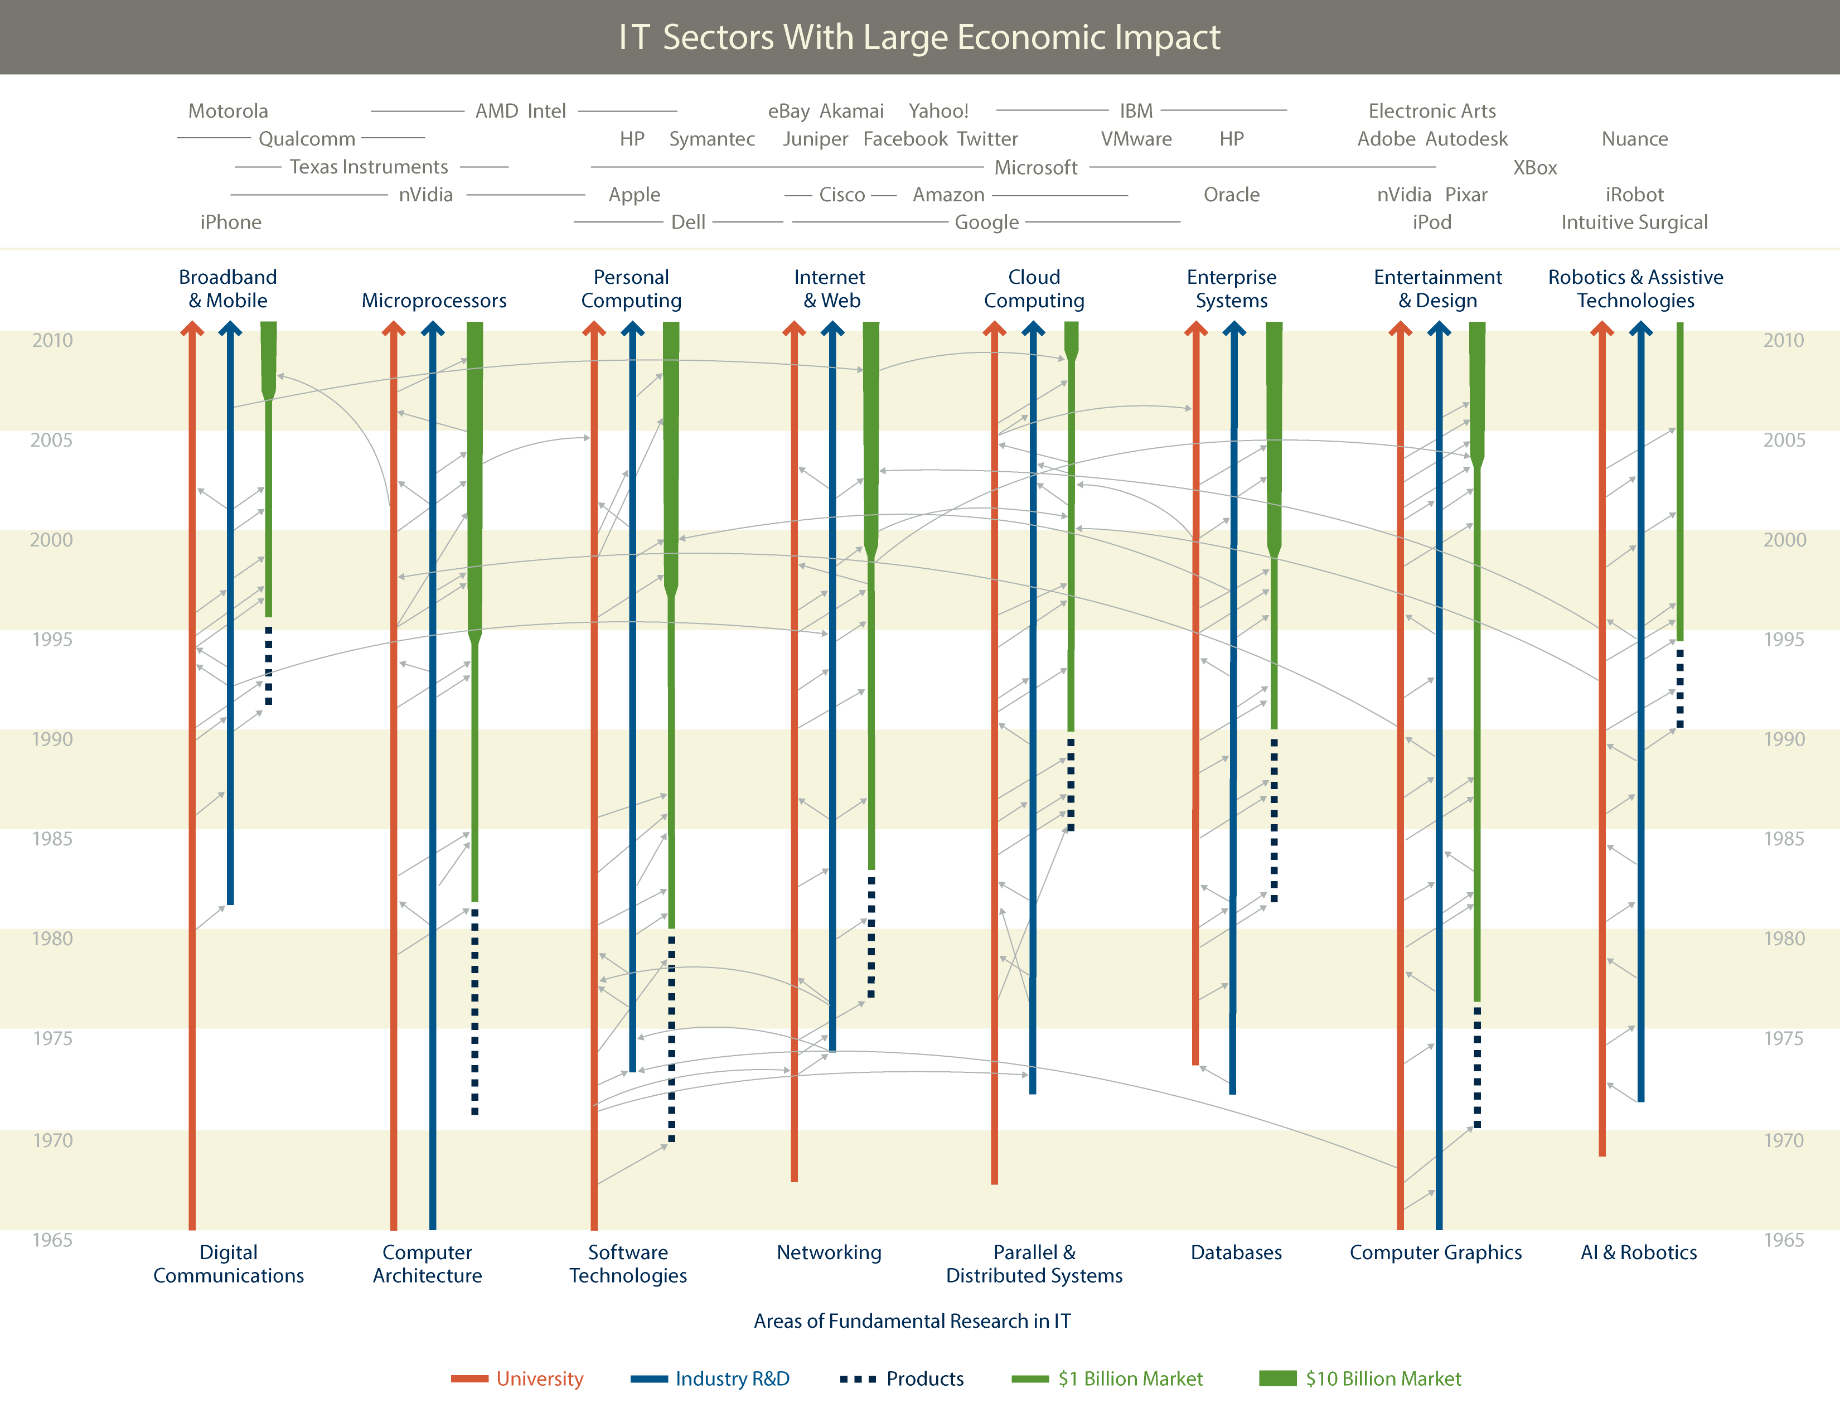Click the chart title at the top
[919, 37]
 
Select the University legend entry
[539, 1378]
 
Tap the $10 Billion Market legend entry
[1383, 1378]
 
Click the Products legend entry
[924, 1378]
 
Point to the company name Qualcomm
[307, 139]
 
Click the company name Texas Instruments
[369, 167]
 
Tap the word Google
[986, 223]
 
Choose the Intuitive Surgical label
[1634, 223]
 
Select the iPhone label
[231, 223]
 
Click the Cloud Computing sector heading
[1034, 289]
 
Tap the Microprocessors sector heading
[434, 301]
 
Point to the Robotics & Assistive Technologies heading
[1635, 289]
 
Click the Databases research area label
[1236, 1252]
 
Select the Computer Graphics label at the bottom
[1436, 1252]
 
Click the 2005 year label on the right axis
[1784, 440]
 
